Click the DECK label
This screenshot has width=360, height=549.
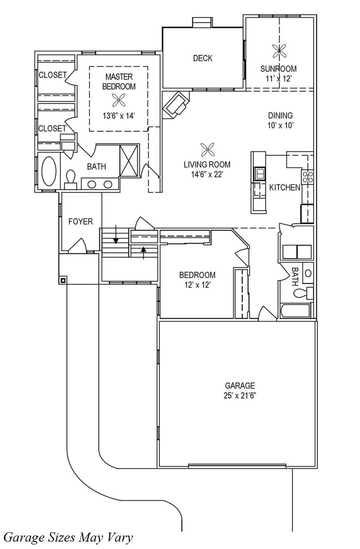[202, 58]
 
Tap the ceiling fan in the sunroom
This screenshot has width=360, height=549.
[279, 52]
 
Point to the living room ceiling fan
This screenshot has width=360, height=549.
[208, 150]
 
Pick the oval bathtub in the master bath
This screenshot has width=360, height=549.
[49, 171]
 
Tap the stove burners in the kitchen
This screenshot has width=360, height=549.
[308, 177]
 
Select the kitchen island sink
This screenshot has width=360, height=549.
[260, 173]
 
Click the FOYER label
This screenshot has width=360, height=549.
[81, 222]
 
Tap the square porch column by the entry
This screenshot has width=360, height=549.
[63, 281]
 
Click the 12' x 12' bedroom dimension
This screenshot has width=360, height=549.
[197, 285]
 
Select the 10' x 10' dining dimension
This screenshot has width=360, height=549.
[280, 126]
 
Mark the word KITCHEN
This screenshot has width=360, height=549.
[285, 188]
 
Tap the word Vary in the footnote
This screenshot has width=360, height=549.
[120, 537]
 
